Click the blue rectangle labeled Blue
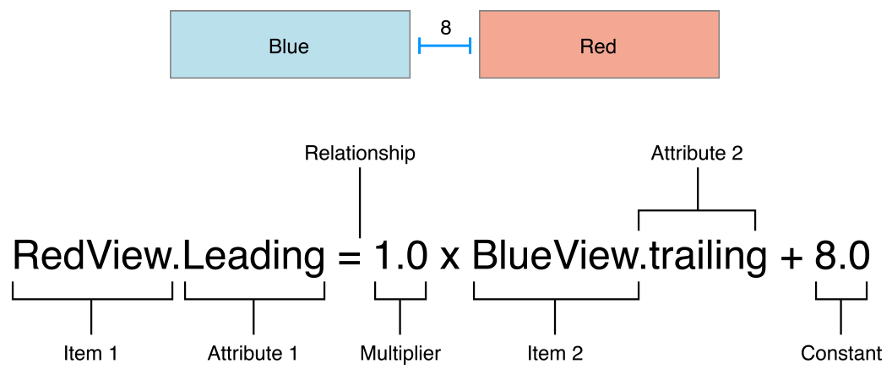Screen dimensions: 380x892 290,46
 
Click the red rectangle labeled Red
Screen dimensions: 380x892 599,46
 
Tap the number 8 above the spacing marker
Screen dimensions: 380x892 445,28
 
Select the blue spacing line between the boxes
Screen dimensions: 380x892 444,46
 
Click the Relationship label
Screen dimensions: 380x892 360,154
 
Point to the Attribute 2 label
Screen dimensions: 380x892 697,154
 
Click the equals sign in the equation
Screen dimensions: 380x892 349,257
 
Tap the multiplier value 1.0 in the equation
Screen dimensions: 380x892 400,257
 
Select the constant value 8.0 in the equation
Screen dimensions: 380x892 841,257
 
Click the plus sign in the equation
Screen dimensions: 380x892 791,258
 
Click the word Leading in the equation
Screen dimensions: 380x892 253,257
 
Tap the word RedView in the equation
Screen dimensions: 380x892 92,257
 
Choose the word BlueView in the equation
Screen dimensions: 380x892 554,257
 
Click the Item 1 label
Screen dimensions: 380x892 90,354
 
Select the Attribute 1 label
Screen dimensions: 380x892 253,354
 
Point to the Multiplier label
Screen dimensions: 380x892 400,354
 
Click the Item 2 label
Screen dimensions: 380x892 554,354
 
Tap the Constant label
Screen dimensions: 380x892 841,354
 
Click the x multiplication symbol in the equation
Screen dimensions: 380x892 450,258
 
